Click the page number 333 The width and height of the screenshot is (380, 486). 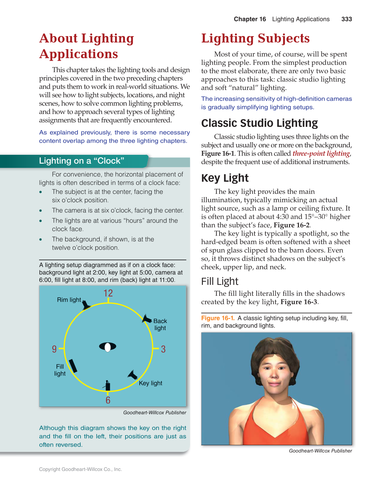click(x=346, y=19)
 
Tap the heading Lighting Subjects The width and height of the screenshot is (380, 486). click(x=255, y=38)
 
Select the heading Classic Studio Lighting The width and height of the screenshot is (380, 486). click(x=259, y=123)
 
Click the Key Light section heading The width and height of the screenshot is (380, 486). click(x=225, y=178)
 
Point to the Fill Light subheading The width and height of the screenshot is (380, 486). click(x=220, y=281)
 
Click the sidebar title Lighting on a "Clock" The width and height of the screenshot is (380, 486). click(x=82, y=161)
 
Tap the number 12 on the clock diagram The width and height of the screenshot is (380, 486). click(x=108, y=293)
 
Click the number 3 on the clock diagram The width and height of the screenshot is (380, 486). click(x=163, y=349)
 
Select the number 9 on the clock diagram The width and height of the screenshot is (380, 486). click(x=54, y=349)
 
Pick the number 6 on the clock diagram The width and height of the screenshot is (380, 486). click(x=108, y=400)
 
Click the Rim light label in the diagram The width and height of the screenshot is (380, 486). click(x=69, y=300)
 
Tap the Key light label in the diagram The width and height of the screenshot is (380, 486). click(x=151, y=383)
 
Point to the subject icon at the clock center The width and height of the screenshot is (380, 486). click(x=107, y=347)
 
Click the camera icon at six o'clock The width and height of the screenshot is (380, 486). click(x=107, y=386)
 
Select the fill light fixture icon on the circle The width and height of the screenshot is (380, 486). click(x=73, y=366)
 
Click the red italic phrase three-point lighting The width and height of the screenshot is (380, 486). click(x=321, y=153)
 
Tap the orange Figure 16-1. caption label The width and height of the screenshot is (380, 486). click(x=218, y=318)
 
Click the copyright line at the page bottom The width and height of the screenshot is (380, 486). click(x=81, y=469)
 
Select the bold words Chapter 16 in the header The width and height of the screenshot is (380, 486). click(x=250, y=19)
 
